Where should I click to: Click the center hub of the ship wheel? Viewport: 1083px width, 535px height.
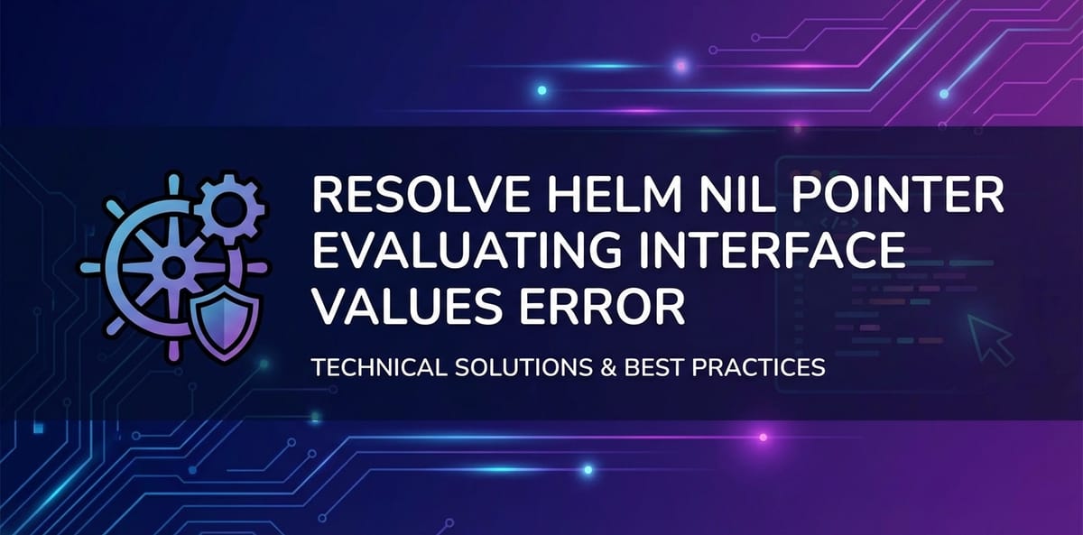(x=171, y=267)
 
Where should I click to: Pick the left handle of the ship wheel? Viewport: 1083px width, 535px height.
(x=89, y=267)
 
